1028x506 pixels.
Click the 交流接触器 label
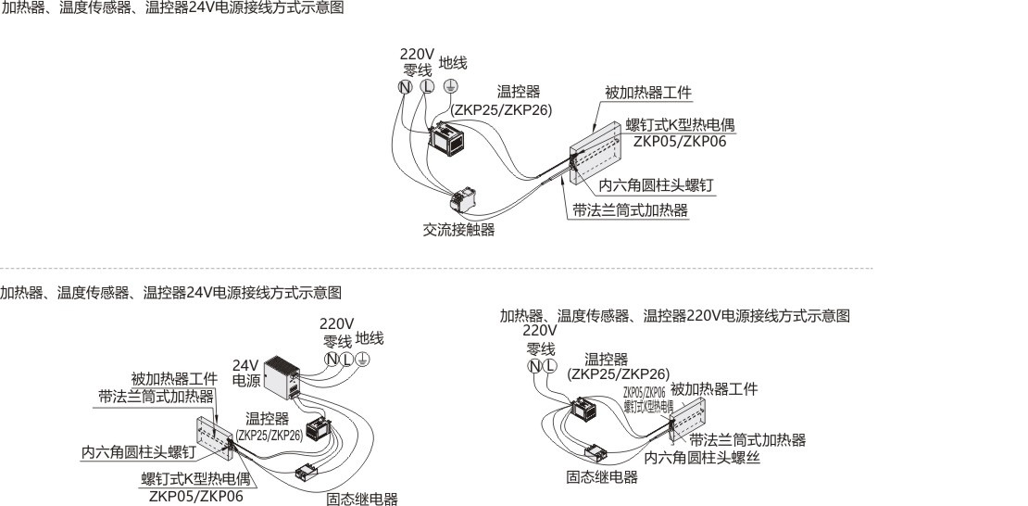coord(453,230)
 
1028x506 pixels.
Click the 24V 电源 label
coord(245,373)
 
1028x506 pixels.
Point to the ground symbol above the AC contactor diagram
coord(449,86)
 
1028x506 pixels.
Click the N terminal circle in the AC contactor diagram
coord(405,86)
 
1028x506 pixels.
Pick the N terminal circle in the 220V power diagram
coord(534,365)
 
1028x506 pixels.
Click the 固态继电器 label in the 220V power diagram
coord(602,477)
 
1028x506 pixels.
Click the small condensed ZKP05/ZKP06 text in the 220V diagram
coord(644,393)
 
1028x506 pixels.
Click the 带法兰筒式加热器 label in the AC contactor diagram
coord(630,210)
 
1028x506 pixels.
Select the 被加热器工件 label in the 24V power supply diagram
coord(174,379)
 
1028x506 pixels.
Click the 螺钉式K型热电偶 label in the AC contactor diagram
coord(682,125)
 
